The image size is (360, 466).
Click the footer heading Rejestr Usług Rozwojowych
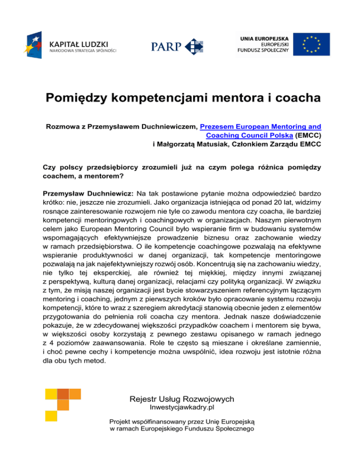[181, 399]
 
